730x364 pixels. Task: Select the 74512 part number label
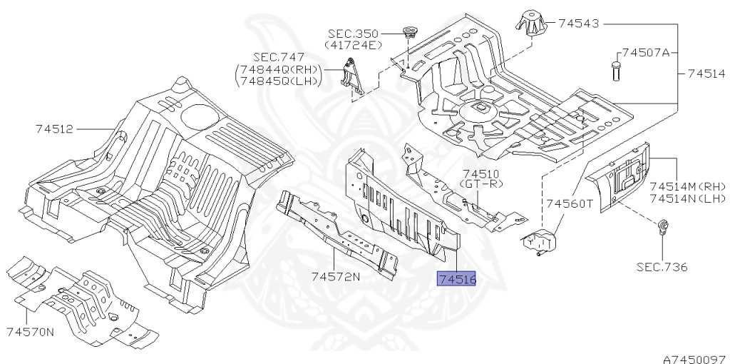pos(53,129)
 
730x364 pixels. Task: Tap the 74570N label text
pos(30,332)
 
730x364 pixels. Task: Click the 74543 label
pos(578,24)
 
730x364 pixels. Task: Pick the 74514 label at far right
pos(706,74)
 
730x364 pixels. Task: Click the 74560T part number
pos(570,203)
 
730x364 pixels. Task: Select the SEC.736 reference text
pos(662,268)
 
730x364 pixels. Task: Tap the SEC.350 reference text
pos(354,34)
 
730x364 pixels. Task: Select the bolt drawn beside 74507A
pos(614,71)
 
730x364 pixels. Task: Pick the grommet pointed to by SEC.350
pos(409,31)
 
